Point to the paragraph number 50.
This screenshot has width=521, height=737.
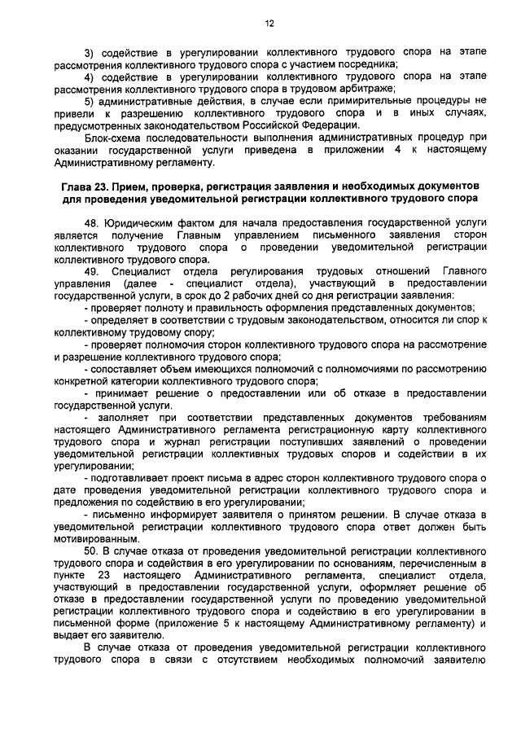coord(90,551)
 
